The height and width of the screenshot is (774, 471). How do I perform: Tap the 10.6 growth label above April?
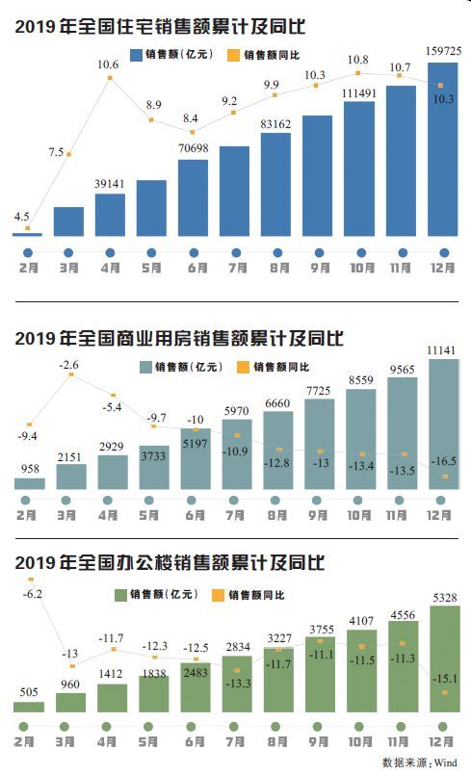(108, 65)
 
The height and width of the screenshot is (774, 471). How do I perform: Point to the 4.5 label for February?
(21, 218)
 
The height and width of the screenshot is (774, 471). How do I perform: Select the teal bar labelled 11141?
(442, 424)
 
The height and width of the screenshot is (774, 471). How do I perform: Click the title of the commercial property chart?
(179, 339)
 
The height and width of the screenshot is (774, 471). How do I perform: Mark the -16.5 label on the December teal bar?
(443, 462)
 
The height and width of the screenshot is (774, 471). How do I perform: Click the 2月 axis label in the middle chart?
(27, 515)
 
